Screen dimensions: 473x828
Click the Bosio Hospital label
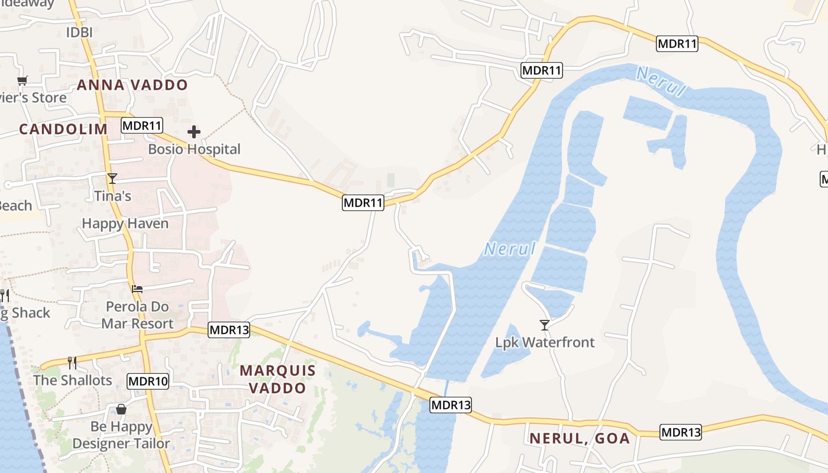coord(194,149)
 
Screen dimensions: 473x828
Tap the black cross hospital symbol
coord(194,132)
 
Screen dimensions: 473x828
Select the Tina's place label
coord(112,195)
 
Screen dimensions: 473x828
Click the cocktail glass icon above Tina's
coord(112,178)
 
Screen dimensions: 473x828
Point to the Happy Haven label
coord(125,223)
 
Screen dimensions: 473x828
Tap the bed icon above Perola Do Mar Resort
coord(137,289)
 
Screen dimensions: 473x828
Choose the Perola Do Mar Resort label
coord(137,315)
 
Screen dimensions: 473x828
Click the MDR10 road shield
coord(148,381)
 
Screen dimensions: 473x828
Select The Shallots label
coord(72,380)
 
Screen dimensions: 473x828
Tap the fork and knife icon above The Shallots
coord(72,362)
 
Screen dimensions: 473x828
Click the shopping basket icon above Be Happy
coord(121,409)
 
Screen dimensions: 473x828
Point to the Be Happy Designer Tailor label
coord(121,435)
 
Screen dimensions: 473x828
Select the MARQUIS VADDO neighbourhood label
coord(277,379)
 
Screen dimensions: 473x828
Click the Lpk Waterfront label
coord(545,342)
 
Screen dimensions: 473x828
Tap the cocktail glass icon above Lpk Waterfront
coord(545,325)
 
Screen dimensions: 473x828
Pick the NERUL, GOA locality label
coord(580,439)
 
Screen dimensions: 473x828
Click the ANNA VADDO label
coord(132,85)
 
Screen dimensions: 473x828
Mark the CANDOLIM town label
coord(63,129)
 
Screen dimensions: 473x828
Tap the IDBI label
coord(79,33)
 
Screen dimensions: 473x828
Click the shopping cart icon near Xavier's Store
coord(22,80)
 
